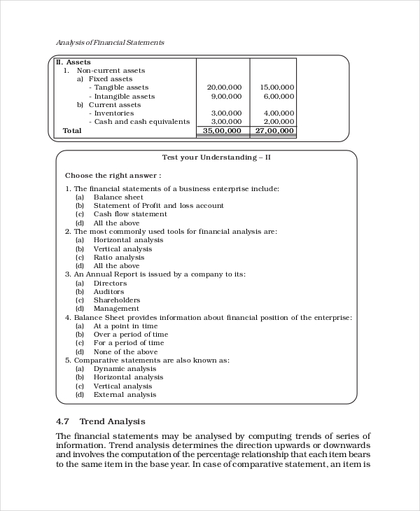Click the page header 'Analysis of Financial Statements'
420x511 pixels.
tap(110, 43)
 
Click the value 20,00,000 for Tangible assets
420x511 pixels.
tap(225, 87)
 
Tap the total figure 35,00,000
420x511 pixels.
tap(223, 131)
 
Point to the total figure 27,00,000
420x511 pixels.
tap(275, 131)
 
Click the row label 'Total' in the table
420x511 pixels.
tap(72, 131)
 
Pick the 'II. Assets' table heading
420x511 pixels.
tap(73, 62)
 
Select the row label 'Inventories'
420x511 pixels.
tap(113, 113)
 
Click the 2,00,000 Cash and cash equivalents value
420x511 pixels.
tap(277, 122)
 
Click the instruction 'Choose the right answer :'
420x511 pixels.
tap(113, 175)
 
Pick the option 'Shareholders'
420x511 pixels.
tap(117, 300)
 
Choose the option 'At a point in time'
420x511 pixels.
tap(125, 326)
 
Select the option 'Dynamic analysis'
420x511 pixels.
tap(125, 369)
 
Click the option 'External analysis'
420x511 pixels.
tap(125, 395)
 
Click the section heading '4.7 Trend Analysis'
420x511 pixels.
tap(101, 421)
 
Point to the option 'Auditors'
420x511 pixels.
tap(110, 292)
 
